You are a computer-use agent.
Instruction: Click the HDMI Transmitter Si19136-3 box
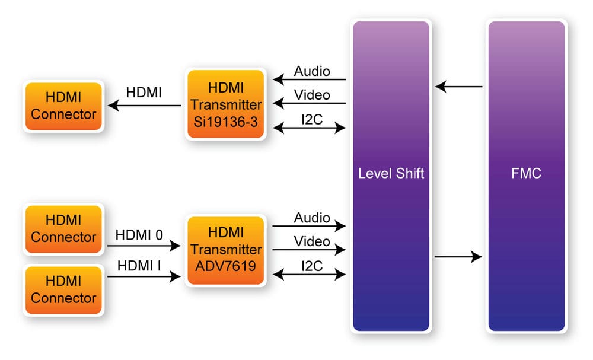[x=225, y=105]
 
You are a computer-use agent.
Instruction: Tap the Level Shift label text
[x=391, y=174]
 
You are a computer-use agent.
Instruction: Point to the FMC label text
[x=526, y=174]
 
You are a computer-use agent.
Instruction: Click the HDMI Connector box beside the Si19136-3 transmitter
[x=63, y=106]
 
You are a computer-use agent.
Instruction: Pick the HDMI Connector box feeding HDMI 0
[x=63, y=228]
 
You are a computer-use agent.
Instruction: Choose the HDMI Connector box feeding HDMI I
[x=63, y=290]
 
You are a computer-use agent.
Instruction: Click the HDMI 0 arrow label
[x=139, y=235]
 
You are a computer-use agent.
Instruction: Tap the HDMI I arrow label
[x=139, y=265]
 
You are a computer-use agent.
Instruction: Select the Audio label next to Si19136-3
[x=312, y=71]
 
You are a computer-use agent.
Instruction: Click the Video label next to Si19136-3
[x=312, y=95]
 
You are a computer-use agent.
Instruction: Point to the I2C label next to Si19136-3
[x=312, y=119]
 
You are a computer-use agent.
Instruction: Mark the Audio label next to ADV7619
[x=312, y=218]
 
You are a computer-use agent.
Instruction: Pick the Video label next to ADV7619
[x=312, y=241]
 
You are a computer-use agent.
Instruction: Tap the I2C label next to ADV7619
[x=312, y=266]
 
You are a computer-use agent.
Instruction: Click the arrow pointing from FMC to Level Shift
[x=458, y=87]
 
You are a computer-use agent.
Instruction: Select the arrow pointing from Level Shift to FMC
[x=458, y=257]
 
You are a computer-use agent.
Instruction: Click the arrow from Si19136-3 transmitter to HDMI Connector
[x=145, y=106]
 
